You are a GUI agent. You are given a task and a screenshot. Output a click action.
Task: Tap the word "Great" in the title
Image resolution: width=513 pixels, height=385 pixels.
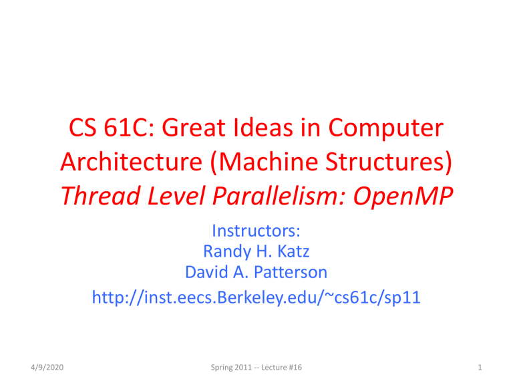[x=193, y=128]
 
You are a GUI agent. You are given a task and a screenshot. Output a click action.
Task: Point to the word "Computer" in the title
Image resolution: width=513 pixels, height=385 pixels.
[x=385, y=129]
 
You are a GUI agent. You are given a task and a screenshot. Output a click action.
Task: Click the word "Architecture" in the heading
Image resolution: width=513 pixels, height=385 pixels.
[x=132, y=161]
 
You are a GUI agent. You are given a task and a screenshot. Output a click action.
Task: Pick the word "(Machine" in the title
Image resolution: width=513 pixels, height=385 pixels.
[x=264, y=162]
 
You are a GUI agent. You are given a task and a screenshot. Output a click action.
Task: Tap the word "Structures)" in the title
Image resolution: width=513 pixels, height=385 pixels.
[x=389, y=162]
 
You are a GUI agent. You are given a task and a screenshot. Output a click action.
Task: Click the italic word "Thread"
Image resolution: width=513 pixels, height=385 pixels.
[x=101, y=195]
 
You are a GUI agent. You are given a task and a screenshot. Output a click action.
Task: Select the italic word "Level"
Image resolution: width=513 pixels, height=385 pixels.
[x=176, y=195]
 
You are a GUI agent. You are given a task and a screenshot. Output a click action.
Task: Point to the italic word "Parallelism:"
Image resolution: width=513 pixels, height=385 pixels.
[x=279, y=195]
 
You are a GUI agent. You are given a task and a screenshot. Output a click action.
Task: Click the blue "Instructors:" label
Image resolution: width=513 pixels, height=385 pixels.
[x=256, y=231]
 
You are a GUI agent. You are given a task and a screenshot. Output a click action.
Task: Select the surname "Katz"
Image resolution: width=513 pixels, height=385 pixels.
[x=293, y=251]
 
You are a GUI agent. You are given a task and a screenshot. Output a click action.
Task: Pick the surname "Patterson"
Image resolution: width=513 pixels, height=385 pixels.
[x=291, y=272]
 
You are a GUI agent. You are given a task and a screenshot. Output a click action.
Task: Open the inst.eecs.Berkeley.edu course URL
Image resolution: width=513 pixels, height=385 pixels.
[x=256, y=297]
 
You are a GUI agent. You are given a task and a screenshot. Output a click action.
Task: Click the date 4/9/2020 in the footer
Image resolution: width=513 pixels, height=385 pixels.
[x=47, y=368]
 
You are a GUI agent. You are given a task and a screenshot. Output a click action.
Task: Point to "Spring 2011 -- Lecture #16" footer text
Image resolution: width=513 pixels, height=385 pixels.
[x=256, y=368]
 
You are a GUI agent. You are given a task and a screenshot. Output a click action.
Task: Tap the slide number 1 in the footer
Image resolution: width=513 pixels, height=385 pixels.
[x=480, y=368]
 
